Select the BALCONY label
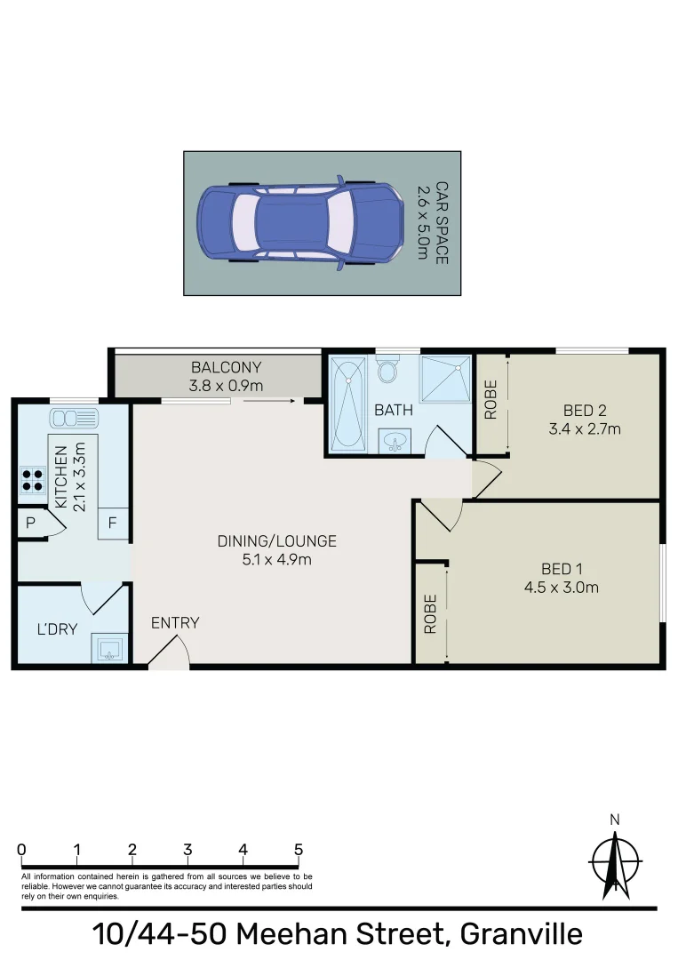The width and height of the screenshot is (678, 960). [227, 367]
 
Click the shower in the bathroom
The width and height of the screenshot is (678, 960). [445, 381]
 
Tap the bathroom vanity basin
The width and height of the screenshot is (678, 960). [395, 440]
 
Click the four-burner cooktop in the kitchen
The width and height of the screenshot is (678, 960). [33, 480]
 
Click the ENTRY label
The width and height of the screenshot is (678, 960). [175, 623]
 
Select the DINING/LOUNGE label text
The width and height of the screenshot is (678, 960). [265, 540]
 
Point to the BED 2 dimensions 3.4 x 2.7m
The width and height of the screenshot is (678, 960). [585, 428]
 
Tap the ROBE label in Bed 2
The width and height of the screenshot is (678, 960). [490, 400]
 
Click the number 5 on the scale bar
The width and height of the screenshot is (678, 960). [299, 849]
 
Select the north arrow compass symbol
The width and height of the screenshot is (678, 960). [615, 860]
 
